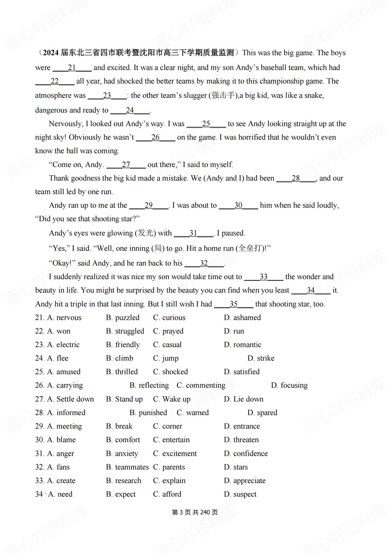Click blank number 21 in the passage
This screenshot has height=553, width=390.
point(72,68)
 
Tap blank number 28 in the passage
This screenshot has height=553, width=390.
point(296,178)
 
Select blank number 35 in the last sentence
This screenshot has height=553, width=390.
point(234,304)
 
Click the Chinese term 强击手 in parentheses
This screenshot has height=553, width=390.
point(223,96)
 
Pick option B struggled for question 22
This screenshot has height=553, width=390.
point(125,331)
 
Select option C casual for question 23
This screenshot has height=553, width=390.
point(167,345)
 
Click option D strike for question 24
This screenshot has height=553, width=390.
point(261,358)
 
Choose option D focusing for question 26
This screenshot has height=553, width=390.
point(289,385)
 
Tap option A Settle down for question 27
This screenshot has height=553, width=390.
point(70,399)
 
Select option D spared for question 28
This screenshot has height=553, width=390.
point(262,413)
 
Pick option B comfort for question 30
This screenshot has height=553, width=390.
point(123,440)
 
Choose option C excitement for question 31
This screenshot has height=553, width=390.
point(175,454)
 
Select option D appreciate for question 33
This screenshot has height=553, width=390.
point(245,481)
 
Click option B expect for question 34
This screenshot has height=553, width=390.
point(120,494)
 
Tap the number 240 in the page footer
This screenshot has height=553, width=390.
point(205,512)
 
